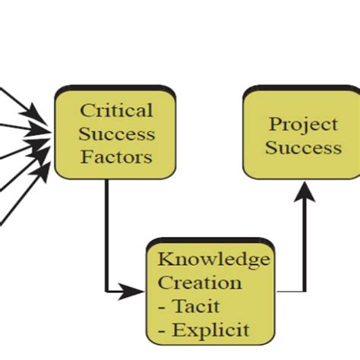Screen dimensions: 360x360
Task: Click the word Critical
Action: tap(116, 110)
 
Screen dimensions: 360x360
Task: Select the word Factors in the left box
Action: tap(116, 158)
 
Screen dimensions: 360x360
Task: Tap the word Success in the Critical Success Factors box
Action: tap(116, 134)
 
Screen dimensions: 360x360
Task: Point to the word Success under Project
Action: tap(302, 147)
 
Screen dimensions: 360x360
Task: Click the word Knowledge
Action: tap(213, 260)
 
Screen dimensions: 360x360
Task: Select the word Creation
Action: tap(200, 283)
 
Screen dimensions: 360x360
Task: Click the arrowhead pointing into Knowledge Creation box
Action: tap(135, 291)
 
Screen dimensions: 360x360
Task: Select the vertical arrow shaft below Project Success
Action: tap(305, 243)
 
